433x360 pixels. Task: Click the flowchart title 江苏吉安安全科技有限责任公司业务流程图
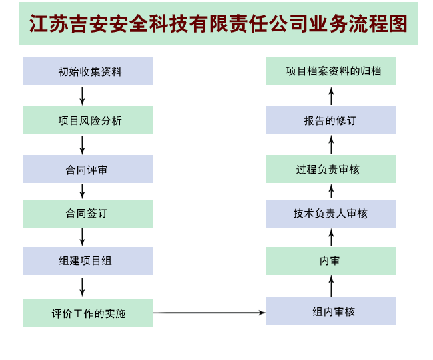(x=218, y=24)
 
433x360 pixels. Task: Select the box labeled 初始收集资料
(x=88, y=71)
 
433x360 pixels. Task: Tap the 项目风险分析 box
(x=88, y=120)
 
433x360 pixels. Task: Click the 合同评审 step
(x=88, y=169)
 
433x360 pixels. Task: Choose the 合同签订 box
(x=88, y=214)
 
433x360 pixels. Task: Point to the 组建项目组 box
(x=88, y=261)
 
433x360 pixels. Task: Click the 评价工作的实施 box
(x=88, y=313)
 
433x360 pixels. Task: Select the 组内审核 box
(x=331, y=311)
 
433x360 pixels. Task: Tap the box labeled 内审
(x=331, y=261)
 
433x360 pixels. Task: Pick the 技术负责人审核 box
(x=331, y=214)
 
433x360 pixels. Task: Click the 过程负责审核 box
(x=331, y=169)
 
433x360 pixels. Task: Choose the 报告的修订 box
(x=331, y=120)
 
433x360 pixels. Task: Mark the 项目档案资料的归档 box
(x=331, y=71)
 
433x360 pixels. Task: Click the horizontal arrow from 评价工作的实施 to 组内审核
(x=210, y=313)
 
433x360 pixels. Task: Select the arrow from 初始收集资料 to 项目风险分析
(x=82, y=96)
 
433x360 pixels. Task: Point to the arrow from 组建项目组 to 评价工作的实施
(x=82, y=287)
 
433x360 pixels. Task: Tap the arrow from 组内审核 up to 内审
(x=331, y=286)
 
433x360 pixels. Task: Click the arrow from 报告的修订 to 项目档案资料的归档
(x=331, y=96)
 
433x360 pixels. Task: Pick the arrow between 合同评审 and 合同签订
(x=82, y=191)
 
